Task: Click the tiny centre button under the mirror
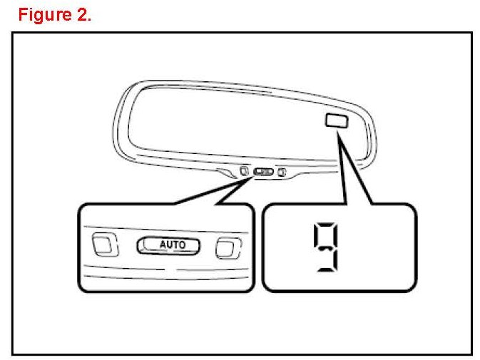click(x=263, y=172)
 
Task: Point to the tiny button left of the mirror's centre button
click(x=243, y=171)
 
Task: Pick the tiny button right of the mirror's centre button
click(x=282, y=172)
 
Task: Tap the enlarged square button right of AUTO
click(x=226, y=247)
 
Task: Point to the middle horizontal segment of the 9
click(x=325, y=247)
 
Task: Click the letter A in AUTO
click(x=163, y=245)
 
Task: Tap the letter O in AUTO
click(x=182, y=245)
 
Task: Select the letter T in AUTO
click(x=175, y=245)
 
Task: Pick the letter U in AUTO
click(x=169, y=245)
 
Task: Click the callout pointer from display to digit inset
click(x=357, y=171)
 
